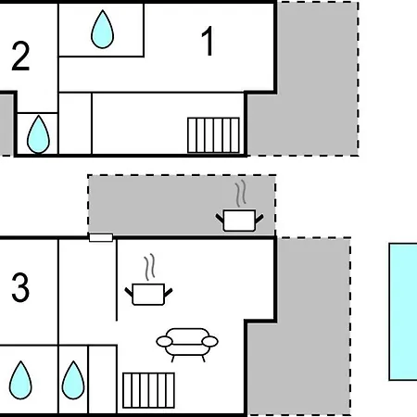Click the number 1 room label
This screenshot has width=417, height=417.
(208, 41)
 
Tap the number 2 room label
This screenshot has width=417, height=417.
(20, 57)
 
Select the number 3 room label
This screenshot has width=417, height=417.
(20, 287)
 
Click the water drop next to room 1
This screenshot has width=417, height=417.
(102, 30)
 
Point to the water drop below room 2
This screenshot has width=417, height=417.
(38, 134)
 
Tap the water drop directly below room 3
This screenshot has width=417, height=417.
(20, 380)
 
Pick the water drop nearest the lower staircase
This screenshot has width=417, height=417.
(73, 380)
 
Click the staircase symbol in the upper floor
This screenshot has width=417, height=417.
(213, 135)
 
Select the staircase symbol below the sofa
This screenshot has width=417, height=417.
(148, 390)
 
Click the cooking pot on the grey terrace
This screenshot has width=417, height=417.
(239, 221)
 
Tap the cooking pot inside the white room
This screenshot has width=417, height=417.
(148, 294)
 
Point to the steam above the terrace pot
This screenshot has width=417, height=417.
(241, 194)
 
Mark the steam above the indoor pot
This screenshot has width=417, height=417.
(150, 267)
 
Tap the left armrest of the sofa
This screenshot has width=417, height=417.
(164, 342)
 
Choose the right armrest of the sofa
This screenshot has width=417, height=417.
(210, 342)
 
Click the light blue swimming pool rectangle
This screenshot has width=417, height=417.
(403, 311)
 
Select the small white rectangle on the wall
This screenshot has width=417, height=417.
(101, 237)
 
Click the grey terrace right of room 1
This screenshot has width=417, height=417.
(309, 93)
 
